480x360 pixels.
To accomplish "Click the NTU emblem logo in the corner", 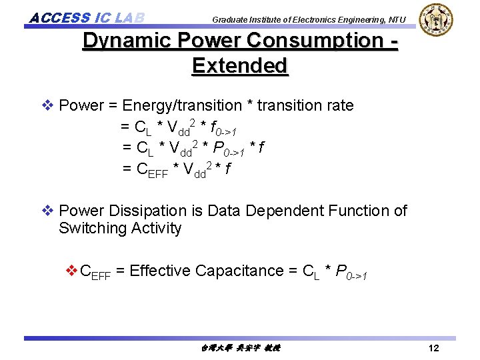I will click(435, 20).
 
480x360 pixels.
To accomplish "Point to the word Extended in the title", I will click(239, 65).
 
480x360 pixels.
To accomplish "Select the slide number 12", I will click(433, 349).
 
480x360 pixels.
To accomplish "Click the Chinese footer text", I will click(240, 349).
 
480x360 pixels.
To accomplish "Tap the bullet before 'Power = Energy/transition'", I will click(47, 105).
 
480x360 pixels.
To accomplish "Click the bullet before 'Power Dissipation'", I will click(47, 211).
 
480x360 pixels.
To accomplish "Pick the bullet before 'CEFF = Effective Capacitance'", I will click(71, 271).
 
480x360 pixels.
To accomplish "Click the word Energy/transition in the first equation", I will click(182, 105).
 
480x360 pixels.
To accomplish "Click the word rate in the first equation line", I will click(339, 105).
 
